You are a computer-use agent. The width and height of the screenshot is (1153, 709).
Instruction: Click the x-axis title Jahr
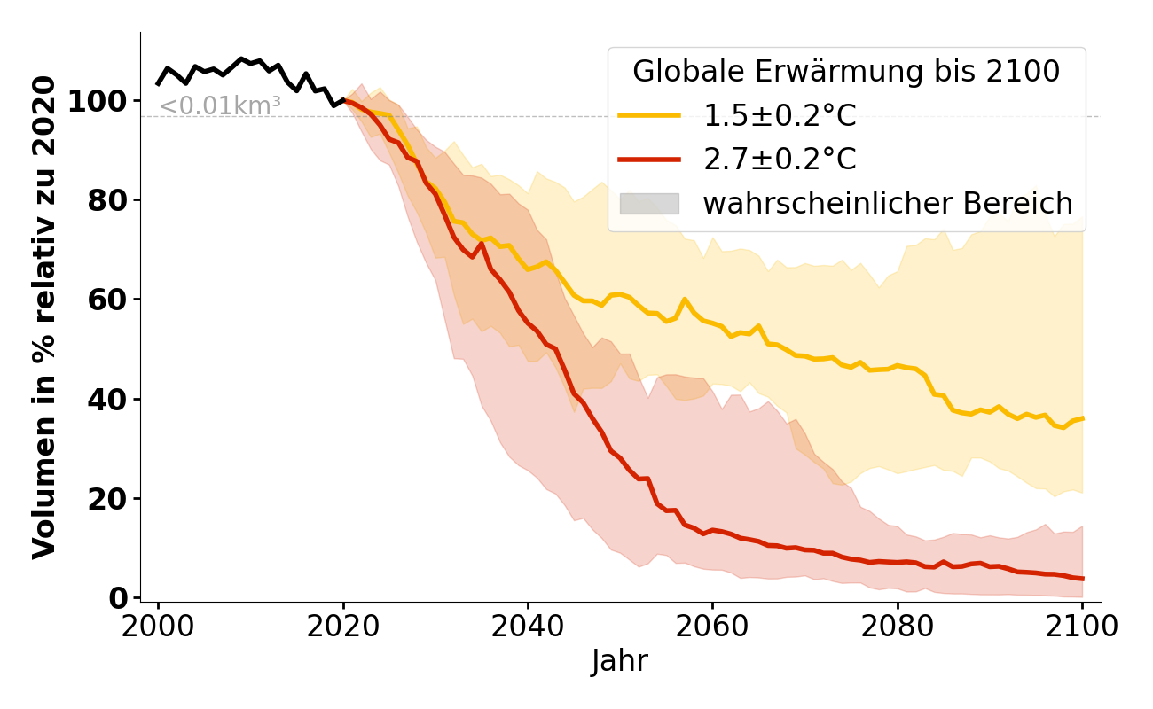[620, 661]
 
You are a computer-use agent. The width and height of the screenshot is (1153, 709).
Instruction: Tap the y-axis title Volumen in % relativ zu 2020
[44, 316]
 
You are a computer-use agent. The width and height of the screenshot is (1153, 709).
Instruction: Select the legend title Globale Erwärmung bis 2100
[846, 72]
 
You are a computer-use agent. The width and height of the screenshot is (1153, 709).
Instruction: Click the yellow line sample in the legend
[649, 115]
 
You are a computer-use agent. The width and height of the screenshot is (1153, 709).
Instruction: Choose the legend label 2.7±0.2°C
[780, 160]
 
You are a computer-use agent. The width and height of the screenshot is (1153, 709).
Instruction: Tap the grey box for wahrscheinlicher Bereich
[649, 204]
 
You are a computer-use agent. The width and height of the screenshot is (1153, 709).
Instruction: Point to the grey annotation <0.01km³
[220, 106]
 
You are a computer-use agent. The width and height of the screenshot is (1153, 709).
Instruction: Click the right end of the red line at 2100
[1082, 579]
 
